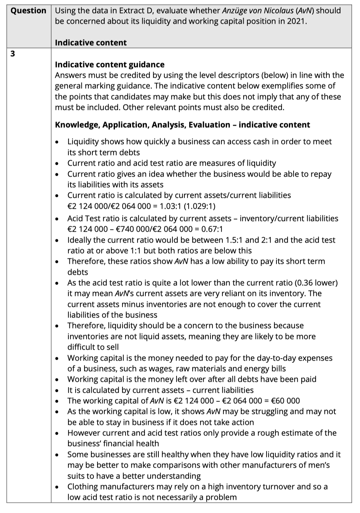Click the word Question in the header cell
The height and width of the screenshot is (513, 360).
[x=28, y=11]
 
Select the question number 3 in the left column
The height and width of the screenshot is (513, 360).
[x=13, y=54]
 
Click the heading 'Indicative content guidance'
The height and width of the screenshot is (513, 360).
[x=110, y=65]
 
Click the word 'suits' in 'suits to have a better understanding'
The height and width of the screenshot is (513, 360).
[x=75, y=476]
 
